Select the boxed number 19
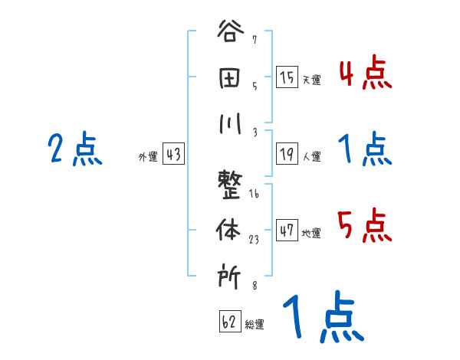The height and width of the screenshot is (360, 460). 287,154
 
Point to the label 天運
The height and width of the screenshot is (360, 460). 311,80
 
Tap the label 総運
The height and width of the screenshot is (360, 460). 255,325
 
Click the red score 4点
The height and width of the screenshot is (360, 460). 365,74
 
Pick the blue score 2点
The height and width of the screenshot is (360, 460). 75,149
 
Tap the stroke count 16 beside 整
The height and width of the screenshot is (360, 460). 254,195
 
